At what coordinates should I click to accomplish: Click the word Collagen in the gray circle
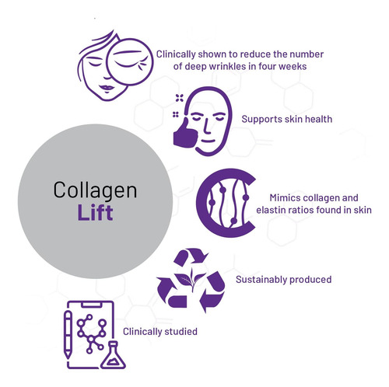coord(95,190)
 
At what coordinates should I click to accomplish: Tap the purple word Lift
coord(95,213)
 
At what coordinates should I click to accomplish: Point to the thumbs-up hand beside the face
coord(185,134)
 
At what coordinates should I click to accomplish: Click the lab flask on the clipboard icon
coord(113,355)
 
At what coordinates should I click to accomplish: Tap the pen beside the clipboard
coord(68,334)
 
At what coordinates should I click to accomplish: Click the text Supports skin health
coord(287,119)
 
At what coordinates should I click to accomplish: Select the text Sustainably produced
coord(283,280)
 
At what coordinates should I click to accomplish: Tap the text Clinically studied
coord(160,332)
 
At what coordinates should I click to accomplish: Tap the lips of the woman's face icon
coord(107,87)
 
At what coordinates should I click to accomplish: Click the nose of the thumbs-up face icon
coord(207,127)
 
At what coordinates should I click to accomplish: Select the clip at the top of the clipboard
coord(91,305)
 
